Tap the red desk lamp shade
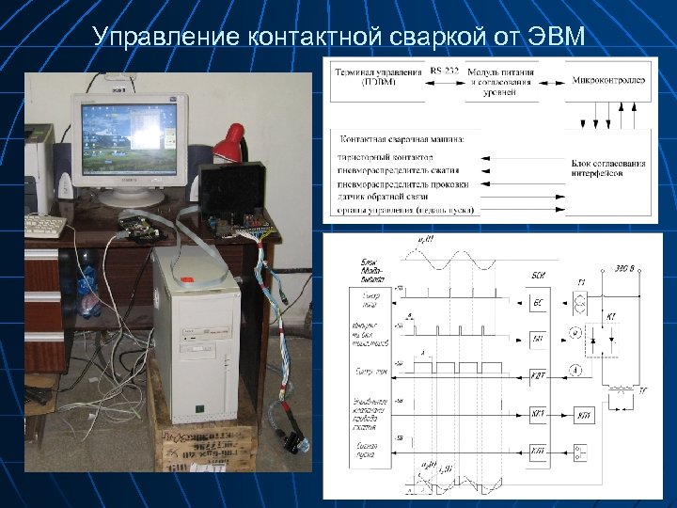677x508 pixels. tap(228, 144)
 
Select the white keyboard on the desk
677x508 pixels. tap(43, 226)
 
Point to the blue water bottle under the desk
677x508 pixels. tap(88, 282)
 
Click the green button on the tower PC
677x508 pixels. tap(198, 407)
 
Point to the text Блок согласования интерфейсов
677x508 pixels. tap(608, 169)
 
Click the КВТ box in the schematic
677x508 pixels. tap(537, 375)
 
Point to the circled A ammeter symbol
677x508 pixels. tap(575, 371)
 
